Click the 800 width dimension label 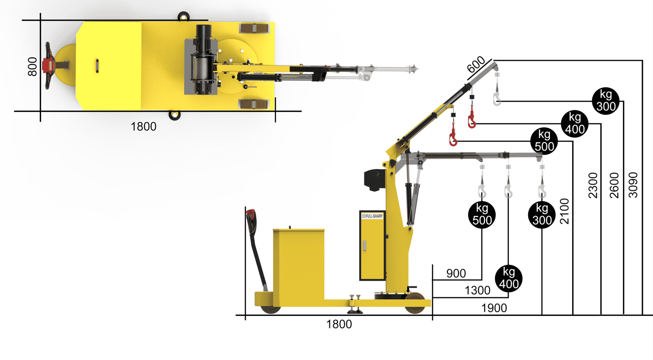(x=33, y=67)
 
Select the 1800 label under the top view (x=143, y=127)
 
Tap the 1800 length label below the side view (x=339, y=324)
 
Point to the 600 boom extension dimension (x=476, y=65)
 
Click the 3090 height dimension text (x=633, y=185)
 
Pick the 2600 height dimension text (x=614, y=185)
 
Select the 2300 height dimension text (x=593, y=185)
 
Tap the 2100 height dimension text (x=565, y=211)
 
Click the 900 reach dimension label (x=456, y=273)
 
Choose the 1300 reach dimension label (x=478, y=290)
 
